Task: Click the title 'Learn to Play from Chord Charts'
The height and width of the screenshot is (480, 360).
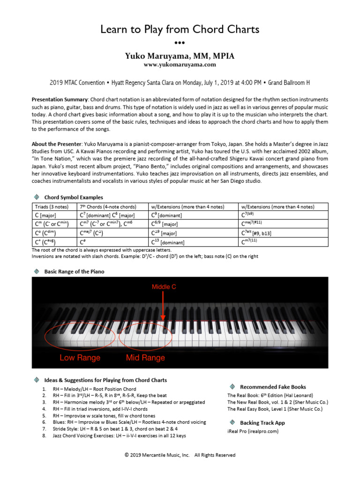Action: tap(180, 30)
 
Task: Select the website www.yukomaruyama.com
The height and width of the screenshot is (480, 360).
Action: tap(180, 65)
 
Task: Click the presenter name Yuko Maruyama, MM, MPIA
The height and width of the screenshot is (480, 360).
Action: tap(180, 56)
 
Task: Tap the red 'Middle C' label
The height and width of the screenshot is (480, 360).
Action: tap(164, 286)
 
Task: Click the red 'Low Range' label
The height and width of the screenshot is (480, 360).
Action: tap(80, 358)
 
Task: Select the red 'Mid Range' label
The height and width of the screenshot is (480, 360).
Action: tap(145, 358)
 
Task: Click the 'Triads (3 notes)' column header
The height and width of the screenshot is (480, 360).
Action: tap(52, 207)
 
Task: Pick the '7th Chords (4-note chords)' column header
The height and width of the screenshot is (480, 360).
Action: tap(108, 207)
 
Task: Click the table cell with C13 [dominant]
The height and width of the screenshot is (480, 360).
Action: tap(168, 242)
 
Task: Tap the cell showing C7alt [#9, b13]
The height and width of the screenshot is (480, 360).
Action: tap(256, 233)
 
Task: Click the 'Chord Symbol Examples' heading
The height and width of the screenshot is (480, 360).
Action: tap(74, 197)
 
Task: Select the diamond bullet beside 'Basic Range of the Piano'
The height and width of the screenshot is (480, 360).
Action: tap(36, 271)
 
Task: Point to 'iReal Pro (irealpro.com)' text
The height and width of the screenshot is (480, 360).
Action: tap(253, 431)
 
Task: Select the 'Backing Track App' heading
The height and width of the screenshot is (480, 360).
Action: tap(262, 422)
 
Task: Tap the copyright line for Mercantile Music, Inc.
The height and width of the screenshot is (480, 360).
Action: tap(180, 455)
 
